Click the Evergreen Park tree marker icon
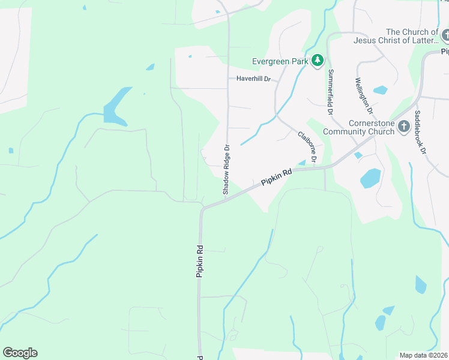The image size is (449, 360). tap(318, 61)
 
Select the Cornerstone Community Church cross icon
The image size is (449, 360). tap(405, 127)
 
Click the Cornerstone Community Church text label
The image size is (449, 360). tap(359, 127)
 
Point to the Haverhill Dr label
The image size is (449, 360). tap(254, 79)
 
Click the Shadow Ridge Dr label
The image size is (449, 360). tap(226, 169)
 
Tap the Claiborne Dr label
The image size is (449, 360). tap(307, 147)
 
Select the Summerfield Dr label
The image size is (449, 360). tap(330, 92)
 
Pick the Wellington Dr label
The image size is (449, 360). tap(364, 96)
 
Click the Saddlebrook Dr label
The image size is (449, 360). tap(420, 133)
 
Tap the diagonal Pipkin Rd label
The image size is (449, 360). tap(277, 176)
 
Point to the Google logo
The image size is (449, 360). tap(20, 353)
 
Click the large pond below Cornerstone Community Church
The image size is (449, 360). tap(370, 178)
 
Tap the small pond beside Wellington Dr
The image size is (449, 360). tap(380, 91)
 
